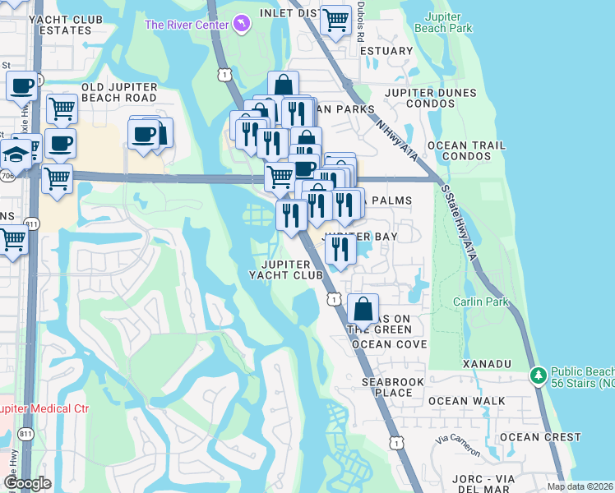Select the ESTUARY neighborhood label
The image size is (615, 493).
386,51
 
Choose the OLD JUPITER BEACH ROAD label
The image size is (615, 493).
119,92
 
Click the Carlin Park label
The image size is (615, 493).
481,302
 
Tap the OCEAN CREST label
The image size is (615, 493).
540,437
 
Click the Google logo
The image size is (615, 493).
28,483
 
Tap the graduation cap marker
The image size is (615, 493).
16,154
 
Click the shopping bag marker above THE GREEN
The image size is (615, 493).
363,310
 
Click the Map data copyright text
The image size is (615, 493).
580,486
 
